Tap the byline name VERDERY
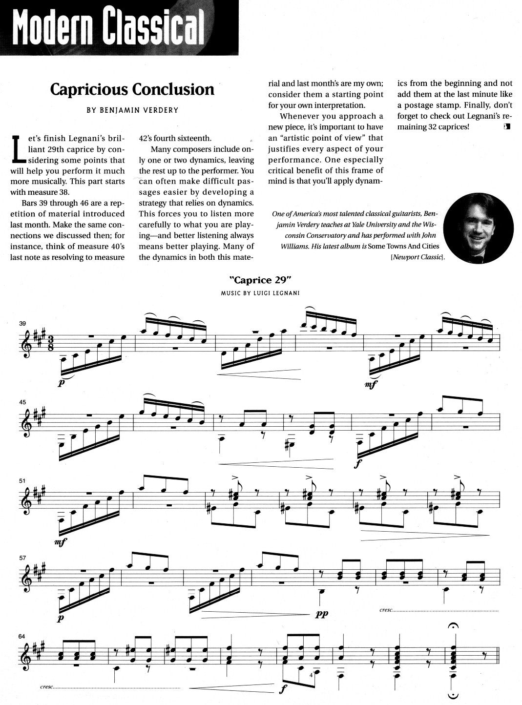pyautogui.click(x=159, y=110)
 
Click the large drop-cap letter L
pyautogui.click(x=18, y=147)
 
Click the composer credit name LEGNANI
pyautogui.click(x=285, y=293)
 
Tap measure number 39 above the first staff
pyautogui.click(x=22, y=324)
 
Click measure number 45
pyautogui.click(x=22, y=403)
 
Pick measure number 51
pyautogui.click(x=22, y=481)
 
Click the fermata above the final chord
pyautogui.click(x=454, y=626)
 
